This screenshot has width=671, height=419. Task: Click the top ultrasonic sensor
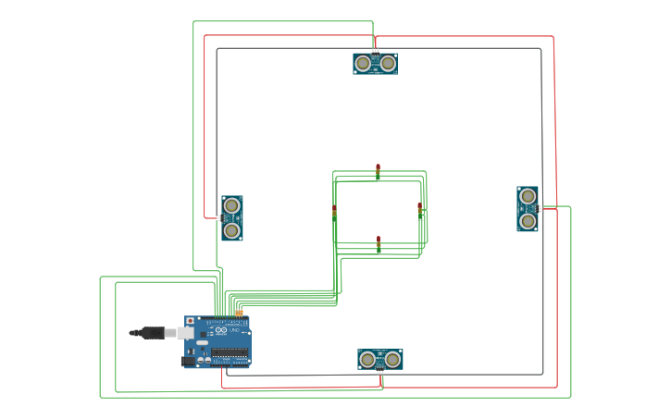point(375,63)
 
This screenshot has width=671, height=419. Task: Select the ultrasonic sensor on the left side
point(232,218)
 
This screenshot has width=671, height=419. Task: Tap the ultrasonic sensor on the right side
point(528,209)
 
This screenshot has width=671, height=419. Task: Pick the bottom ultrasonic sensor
point(380,359)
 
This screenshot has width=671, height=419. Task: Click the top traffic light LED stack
point(378,171)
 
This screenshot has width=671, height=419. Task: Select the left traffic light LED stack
point(335,213)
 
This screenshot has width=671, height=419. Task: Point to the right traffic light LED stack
point(419,210)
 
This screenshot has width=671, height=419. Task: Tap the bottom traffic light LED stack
point(378,243)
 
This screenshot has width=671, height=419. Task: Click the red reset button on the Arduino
point(191,321)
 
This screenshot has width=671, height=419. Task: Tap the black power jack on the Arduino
point(189,361)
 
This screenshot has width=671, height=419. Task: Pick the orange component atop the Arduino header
point(239,314)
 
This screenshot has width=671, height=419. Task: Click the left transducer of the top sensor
point(363,63)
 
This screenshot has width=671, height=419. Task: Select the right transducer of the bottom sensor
point(392,359)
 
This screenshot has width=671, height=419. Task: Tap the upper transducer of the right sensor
point(528,196)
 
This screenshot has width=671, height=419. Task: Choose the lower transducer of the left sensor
point(232,229)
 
